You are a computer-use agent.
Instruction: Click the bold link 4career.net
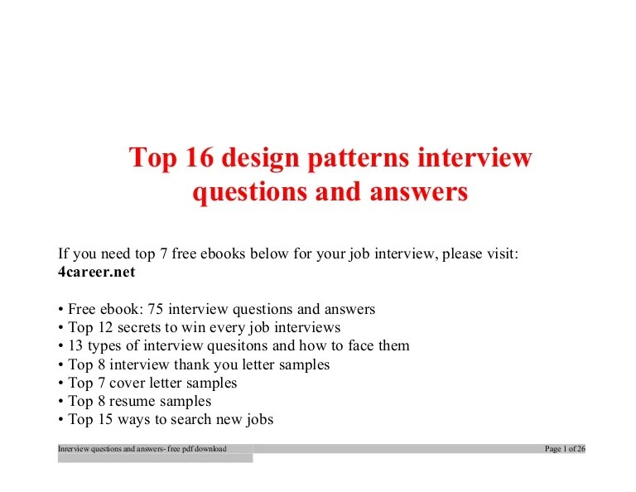(x=96, y=272)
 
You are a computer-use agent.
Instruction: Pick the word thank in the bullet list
(x=196, y=364)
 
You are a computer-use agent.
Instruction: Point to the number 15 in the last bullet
(x=105, y=419)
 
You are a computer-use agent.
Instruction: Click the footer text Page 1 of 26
(x=565, y=449)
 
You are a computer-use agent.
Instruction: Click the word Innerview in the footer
(x=72, y=449)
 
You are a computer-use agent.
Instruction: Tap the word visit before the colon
(x=499, y=253)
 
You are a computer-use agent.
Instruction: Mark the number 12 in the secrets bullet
(x=105, y=327)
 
